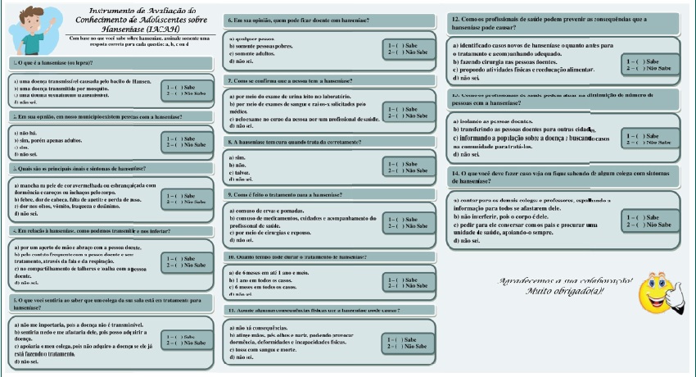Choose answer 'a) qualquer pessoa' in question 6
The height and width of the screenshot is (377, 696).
[251, 39]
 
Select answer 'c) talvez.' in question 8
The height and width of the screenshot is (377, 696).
[242, 173]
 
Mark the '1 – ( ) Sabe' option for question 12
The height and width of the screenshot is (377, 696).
[642, 61]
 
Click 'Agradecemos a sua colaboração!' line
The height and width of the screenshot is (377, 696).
[566, 280]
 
